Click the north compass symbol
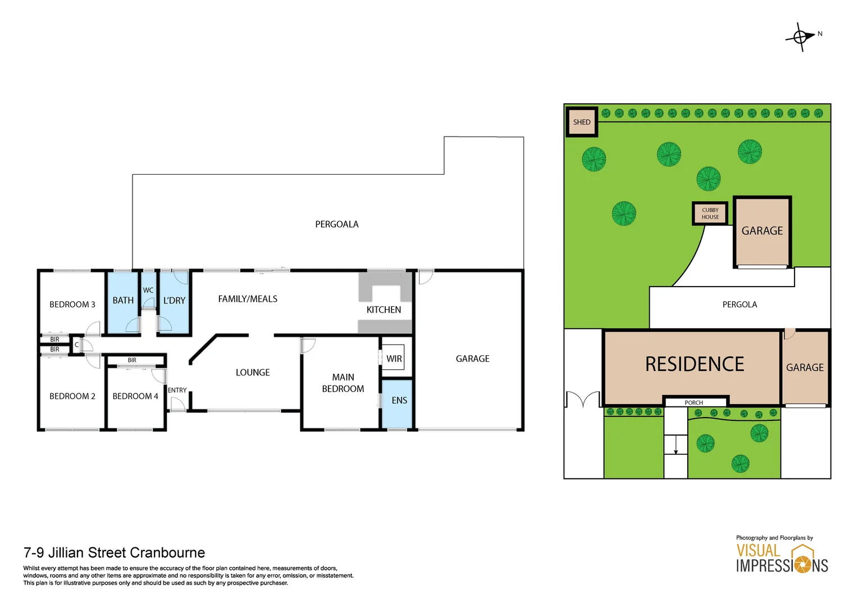pyautogui.click(x=800, y=37)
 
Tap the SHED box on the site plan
pyautogui.click(x=582, y=122)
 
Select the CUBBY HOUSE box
pyautogui.click(x=710, y=214)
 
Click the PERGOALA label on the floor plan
pyautogui.click(x=336, y=224)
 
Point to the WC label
pyautogui.click(x=148, y=291)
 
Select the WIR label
pyautogui.click(x=394, y=359)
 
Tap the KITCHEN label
pyautogui.click(x=384, y=310)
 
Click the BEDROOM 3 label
pyautogui.click(x=72, y=305)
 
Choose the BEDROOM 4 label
pyautogui.click(x=135, y=396)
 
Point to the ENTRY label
pyautogui.click(x=177, y=390)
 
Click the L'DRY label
pyautogui.click(x=174, y=301)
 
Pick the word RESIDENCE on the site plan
pyautogui.click(x=694, y=364)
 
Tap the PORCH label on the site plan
pyautogui.click(x=693, y=403)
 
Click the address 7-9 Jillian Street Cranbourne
pyautogui.click(x=114, y=552)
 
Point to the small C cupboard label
pyautogui.click(x=77, y=345)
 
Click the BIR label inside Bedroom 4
pyautogui.click(x=132, y=360)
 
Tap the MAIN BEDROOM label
pyautogui.click(x=343, y=383)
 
